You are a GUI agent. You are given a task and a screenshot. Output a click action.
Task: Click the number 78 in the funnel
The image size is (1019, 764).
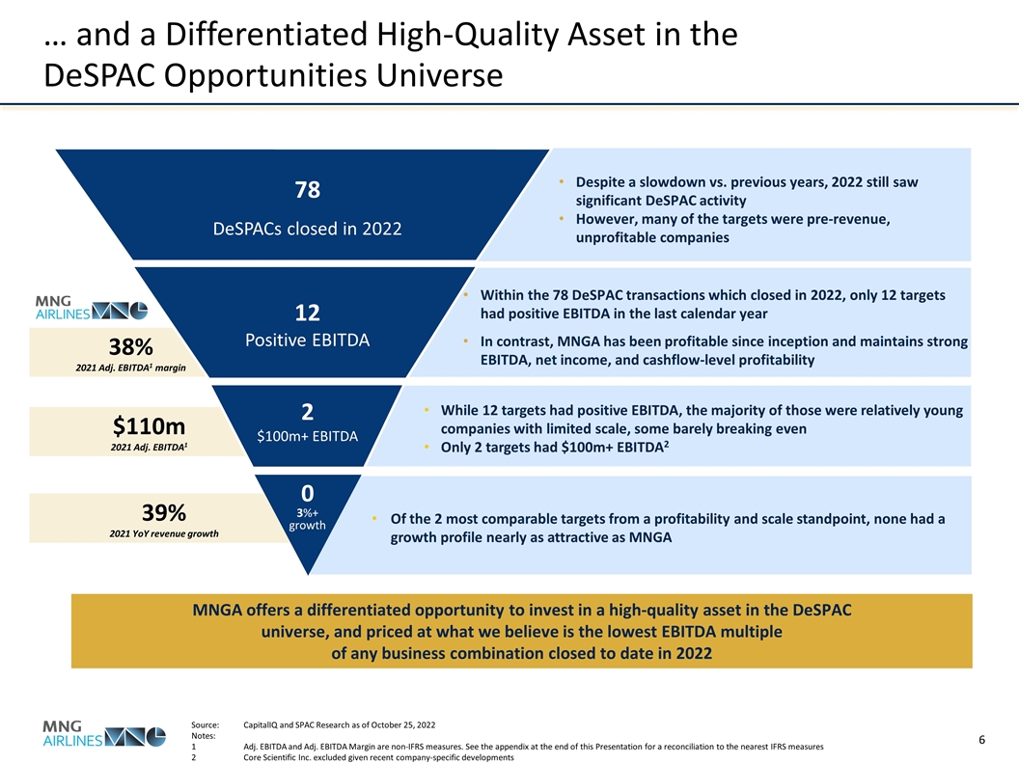click(307, 190)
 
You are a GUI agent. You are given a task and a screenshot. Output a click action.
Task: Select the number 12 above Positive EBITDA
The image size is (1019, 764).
click(307, 314)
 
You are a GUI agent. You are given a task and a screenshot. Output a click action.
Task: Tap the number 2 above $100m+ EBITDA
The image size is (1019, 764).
click(307, 412)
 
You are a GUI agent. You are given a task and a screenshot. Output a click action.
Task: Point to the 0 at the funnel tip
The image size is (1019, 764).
click(307, 492)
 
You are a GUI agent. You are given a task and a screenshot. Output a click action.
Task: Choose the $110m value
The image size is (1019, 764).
click(149, 425)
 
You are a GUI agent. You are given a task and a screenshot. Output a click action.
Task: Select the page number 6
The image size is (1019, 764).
click(980, 740)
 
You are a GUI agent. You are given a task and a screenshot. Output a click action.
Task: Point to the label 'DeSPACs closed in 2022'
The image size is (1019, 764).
click(307, 230)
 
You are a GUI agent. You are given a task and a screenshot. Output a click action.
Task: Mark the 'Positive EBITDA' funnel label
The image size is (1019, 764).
click(307, 341)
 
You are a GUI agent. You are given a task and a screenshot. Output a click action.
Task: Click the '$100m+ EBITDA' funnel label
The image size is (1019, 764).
click(307, 436)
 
